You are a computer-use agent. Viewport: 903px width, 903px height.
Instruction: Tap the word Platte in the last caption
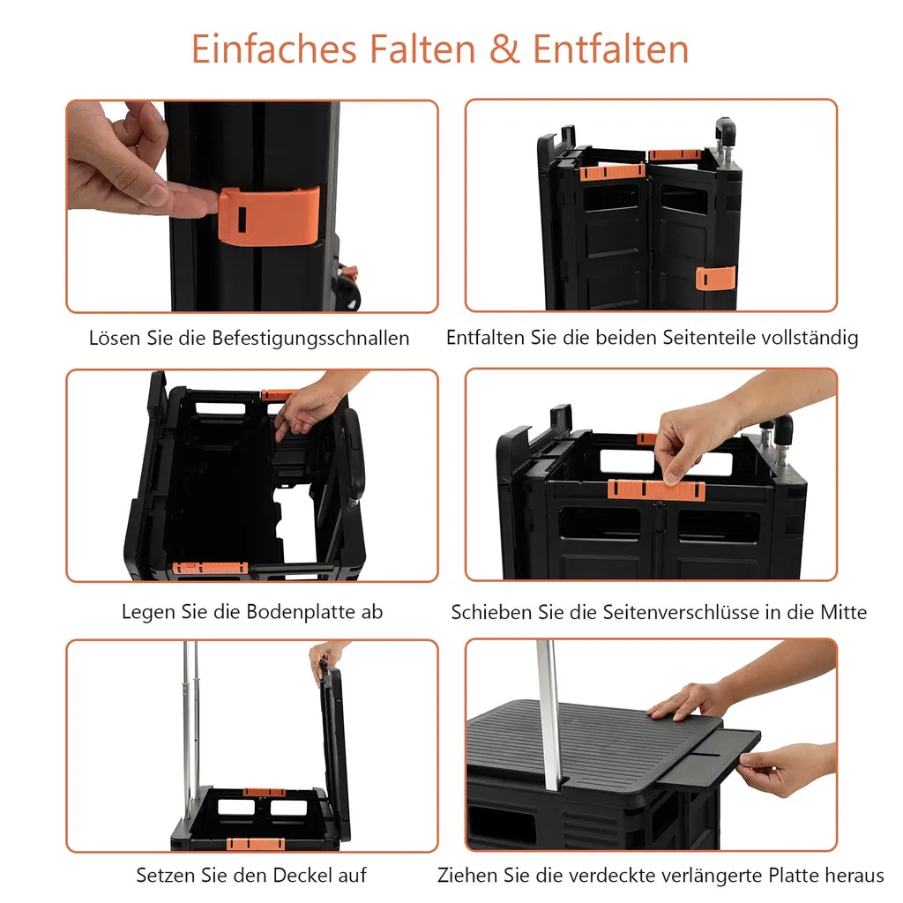coord(796,876)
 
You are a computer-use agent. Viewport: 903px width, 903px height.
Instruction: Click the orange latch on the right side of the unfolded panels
coord(715,278)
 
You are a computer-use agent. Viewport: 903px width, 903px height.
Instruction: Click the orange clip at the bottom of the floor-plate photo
coord(210,568)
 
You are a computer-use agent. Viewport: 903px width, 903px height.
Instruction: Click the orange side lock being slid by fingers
coord(656,489)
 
